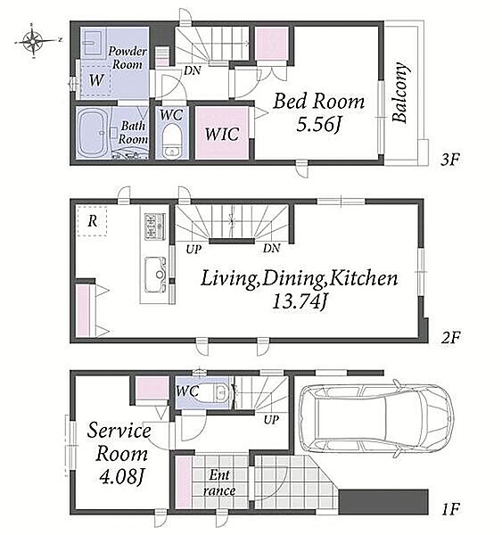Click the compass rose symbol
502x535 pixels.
click(x=33, y=41)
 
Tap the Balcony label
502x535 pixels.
click(x=399, y=93)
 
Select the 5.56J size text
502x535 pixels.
click(x=318, y=126)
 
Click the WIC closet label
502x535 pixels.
click(x=222, y=134)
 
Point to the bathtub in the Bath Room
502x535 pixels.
click(x=92, y=133)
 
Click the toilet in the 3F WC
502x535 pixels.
click(x=172, y=141)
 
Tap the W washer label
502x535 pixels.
click(x=96, y=80)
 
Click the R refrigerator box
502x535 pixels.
click(x=92, y=221)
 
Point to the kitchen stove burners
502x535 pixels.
click(x=154, y=226)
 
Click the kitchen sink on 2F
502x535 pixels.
click(x=156, y=275)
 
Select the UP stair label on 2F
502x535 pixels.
click(x=193, y=250)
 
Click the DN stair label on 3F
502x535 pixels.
click(x=192, y=71)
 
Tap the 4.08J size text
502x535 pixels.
click(x=120, y=477)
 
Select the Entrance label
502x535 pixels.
click(x=219, y=482)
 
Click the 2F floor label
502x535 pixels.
click(x=450, y=338)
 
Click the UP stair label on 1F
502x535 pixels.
click(x=271, y=420)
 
